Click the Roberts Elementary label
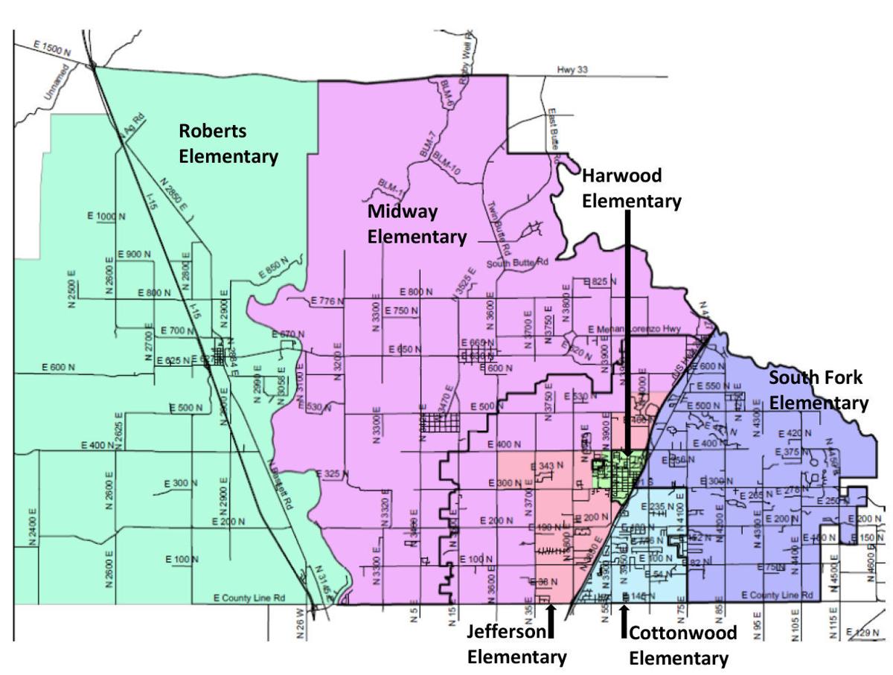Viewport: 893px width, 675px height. [228, 144]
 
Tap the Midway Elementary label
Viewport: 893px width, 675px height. [417, 223]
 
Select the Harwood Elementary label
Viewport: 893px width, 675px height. [631, 188]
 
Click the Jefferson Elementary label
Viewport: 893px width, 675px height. [516, 644]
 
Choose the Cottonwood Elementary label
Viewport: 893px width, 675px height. [682, 645]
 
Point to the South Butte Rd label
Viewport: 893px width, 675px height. [517, 263]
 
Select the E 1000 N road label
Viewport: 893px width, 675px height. [107, 216]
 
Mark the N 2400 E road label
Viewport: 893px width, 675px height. [32, 527]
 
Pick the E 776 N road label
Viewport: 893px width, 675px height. [327, 301]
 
